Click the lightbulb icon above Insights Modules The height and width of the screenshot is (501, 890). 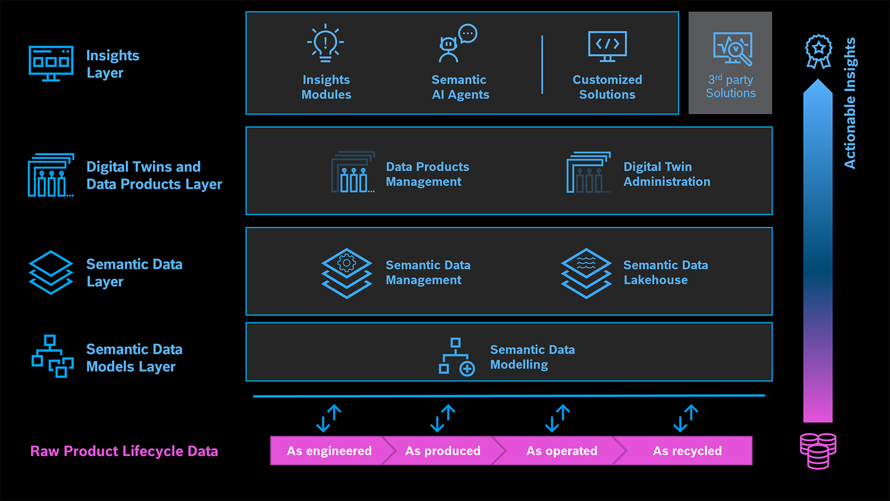325,43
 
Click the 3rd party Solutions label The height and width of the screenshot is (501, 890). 731,87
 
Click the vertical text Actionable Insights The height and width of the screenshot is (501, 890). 850,103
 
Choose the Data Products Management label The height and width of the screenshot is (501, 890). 427,174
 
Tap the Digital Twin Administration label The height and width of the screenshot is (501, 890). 666,174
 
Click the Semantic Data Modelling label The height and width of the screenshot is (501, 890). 532,357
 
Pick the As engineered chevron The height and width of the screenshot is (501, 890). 329,451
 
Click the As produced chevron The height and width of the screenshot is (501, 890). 443,451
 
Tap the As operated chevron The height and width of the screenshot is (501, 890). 561,451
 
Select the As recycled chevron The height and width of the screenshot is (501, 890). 687,451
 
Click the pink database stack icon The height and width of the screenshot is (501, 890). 818,451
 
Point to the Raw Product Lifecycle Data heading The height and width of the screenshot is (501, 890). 124,451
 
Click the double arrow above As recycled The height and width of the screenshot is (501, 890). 686,418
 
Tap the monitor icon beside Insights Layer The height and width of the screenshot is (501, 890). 51,63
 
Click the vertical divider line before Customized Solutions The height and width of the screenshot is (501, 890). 542,64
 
